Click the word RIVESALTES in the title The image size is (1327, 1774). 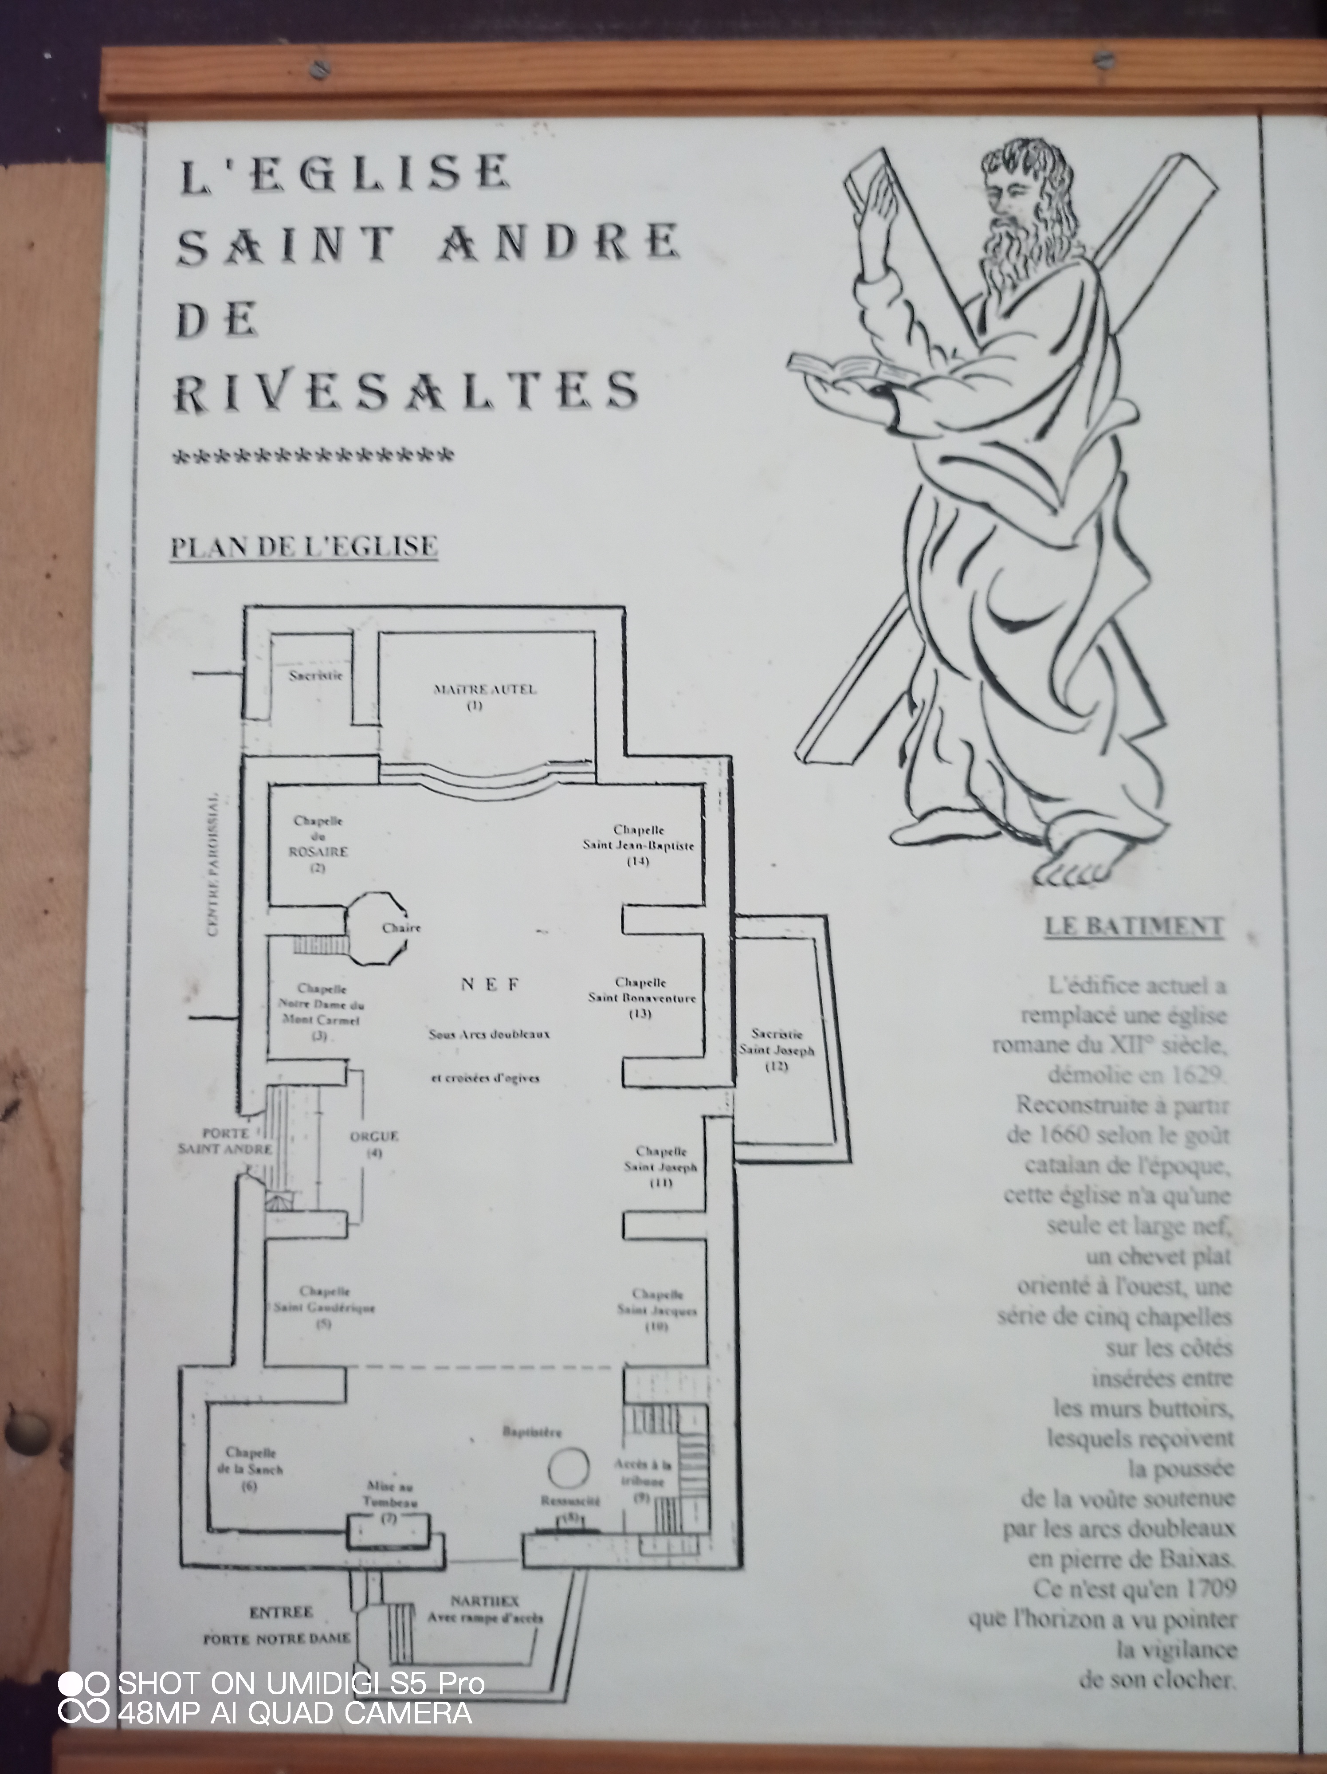click(407, 391)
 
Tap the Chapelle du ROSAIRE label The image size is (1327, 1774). click(318, 844)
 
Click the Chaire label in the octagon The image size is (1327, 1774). click(401, 928)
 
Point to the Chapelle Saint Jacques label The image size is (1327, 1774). click(657, 1310)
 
